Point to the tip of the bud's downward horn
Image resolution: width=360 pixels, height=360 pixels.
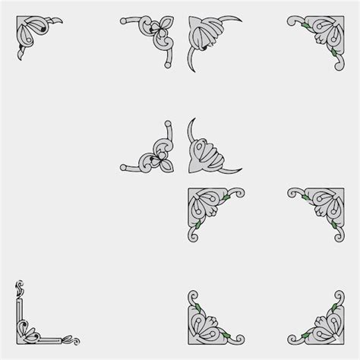(x=191, y=71)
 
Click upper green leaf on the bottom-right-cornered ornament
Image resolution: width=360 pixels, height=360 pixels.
(x=331, y=306)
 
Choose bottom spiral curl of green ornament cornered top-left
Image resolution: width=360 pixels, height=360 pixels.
(x=193, y=238)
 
